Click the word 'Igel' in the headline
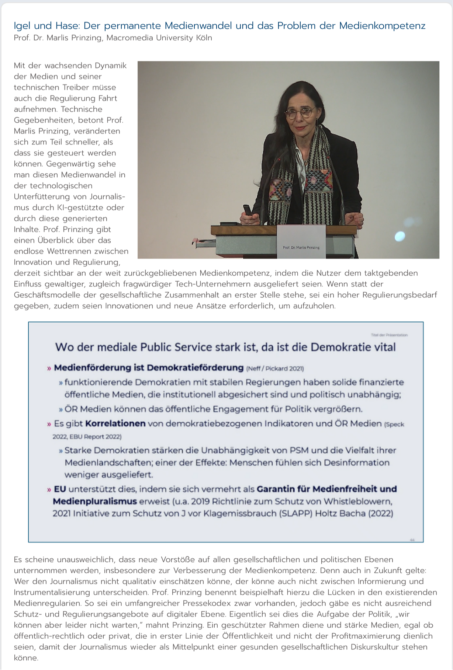point(23,26)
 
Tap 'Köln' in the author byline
point(204,38)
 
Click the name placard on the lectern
point(301,241)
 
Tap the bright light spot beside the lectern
point(400,236)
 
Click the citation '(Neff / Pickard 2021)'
point(275,369)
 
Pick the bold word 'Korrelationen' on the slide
point(115,423)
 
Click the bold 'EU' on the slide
point(60,489)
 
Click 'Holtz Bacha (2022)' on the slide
point(354,513)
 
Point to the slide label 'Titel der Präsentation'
point(389,335)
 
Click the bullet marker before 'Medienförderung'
point(49,368)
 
